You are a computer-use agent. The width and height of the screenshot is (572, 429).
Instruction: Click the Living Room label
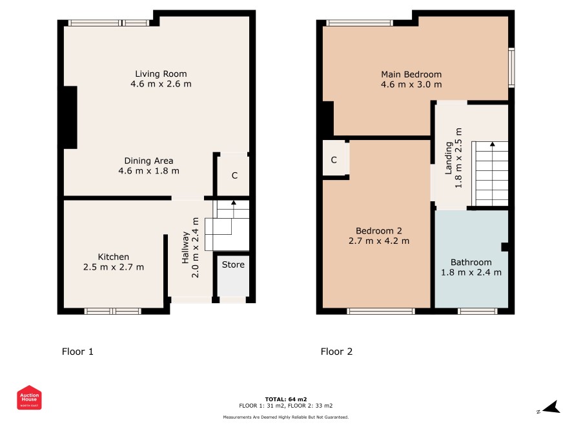(161, 74)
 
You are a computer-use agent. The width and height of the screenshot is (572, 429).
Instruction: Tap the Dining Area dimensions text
(149, 171)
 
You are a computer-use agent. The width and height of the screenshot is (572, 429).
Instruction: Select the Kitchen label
(114, 257)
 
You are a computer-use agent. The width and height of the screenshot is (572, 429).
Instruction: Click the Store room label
(233, 264)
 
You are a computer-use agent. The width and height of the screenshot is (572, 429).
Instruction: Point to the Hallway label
(185, 248)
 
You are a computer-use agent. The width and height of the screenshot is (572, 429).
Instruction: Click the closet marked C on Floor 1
(234, 175)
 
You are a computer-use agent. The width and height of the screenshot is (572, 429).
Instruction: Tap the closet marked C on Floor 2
(334, 160)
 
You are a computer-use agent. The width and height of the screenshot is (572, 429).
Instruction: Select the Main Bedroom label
(411, 74)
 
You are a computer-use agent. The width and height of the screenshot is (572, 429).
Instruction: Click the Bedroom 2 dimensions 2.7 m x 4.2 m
(379, 241)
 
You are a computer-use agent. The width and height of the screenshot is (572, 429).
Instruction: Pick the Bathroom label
(471, 263)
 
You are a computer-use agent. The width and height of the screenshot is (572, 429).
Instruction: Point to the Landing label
(449, 158)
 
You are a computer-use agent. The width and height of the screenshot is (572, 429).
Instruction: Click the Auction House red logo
(29, 397)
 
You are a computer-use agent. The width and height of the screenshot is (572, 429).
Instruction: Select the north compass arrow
(551, 407)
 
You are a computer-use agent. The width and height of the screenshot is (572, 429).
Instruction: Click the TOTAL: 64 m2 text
(286, 399)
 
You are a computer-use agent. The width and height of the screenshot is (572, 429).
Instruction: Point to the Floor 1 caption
(77, 352)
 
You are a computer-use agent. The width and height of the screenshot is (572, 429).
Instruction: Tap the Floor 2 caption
(337, 352)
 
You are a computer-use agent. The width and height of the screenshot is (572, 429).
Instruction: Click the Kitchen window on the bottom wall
(113, 312)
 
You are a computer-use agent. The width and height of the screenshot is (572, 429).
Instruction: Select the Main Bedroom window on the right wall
(511, 68)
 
